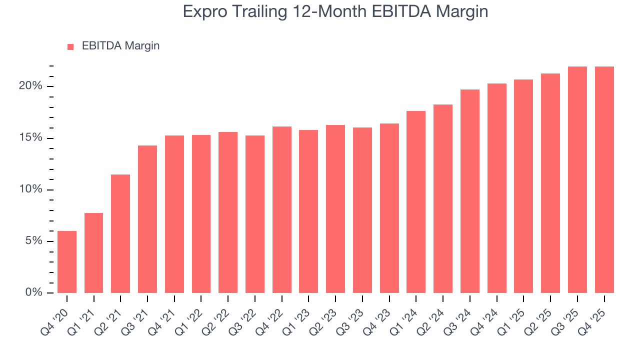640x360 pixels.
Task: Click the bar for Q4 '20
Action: point(67,262)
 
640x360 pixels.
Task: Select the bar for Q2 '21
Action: point(120,233)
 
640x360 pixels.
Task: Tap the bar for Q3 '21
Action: point(147,219)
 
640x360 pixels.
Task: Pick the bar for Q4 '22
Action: point(282,209)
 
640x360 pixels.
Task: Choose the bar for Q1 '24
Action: point(416,202)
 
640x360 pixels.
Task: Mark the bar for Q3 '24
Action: point(470,191)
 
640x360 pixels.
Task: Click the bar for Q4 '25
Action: point(604,179)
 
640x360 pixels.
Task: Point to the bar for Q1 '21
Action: point(94,253)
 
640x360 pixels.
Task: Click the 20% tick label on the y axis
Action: point(31,86)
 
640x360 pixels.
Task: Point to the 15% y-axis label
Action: point(31,138)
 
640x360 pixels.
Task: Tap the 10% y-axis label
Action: point(31,189)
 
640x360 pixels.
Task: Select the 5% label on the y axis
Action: point(34,241)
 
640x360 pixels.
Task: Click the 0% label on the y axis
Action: point(34,292)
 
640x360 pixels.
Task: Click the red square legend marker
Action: point(70,46)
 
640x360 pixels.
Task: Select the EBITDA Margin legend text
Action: point(120,46)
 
